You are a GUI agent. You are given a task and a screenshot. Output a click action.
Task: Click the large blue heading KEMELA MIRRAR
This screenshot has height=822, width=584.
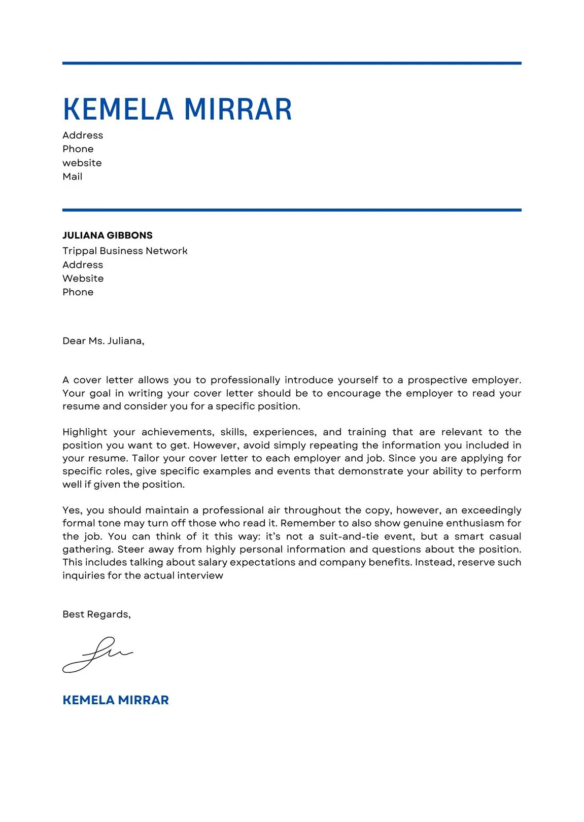coord(177,109)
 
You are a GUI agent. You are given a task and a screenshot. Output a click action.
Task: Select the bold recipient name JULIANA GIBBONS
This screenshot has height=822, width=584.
coord(107,235)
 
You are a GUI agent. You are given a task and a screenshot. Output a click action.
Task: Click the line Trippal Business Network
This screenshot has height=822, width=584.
coord(125,251)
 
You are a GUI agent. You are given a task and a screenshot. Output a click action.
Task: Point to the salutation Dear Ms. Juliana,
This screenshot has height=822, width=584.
coord(103,341)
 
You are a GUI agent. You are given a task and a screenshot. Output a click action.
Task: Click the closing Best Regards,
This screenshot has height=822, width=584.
coord(96,614)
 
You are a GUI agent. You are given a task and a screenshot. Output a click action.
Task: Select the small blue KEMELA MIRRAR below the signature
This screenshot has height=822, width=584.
coord(115,700)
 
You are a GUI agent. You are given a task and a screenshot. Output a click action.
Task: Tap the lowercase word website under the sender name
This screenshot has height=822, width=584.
coord(82,163)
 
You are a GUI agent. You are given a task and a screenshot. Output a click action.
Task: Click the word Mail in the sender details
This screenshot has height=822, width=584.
coord(72,177)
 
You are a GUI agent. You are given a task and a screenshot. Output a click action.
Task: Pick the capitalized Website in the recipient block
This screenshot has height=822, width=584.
coord(83,279)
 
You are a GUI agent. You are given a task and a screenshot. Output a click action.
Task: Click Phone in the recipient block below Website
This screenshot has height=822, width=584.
coord(78,292)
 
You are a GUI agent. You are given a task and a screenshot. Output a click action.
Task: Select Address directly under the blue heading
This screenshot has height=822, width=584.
coord(82,135)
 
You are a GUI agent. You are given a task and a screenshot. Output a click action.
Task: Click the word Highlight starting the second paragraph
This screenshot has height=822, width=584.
coord(85,432)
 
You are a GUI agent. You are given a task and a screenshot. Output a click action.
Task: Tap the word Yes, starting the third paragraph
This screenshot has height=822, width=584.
coord(72,510)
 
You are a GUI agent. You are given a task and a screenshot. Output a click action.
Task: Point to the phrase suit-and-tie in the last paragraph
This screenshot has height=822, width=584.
coord(349,536)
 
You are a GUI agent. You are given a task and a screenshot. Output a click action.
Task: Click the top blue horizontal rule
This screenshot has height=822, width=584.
coord(292,63)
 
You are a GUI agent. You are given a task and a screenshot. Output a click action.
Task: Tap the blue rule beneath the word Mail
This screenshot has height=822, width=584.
coord(292,210)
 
